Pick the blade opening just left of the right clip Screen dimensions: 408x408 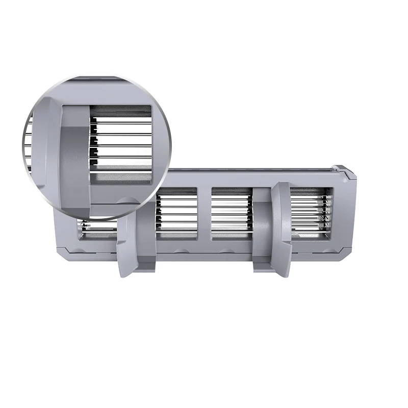pos(232,211)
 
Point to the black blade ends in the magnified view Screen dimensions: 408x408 pos(93,143)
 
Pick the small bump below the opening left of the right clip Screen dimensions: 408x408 pos(224,250)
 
